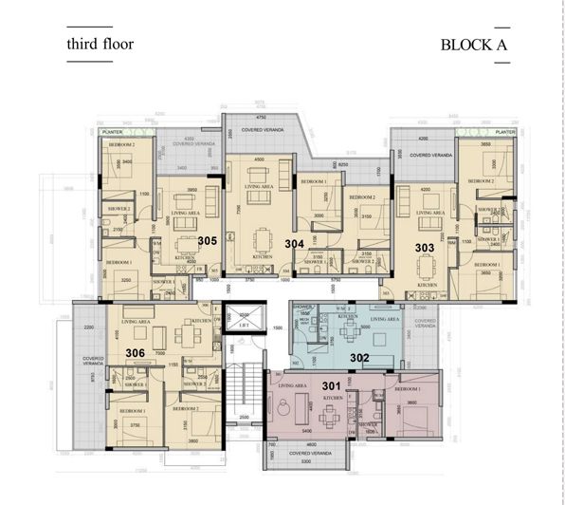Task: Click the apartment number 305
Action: point(209,241)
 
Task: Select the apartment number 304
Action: point(295,244)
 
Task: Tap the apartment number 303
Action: point(425,247)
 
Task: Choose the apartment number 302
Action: point(360,357)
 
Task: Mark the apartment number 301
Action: point(331,384)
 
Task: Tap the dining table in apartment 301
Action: point(334,409)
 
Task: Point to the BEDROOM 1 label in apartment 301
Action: point(408,389)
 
